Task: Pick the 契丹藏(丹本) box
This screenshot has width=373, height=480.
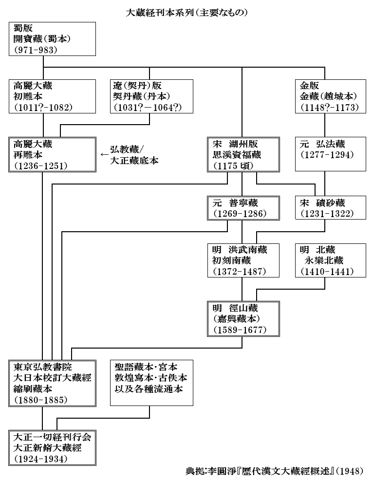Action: click(x=150, y=96)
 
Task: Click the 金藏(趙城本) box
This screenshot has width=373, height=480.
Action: click(x=330, y=96)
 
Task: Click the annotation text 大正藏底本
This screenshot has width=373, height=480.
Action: click(x=134, y=161)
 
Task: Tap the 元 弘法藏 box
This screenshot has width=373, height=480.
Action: click(x=330, y=154)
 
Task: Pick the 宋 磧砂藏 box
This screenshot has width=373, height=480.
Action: click(x=330, y=208)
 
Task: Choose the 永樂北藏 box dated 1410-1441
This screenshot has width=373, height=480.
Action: click(x=330, y=260)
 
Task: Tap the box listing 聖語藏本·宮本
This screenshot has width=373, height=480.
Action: click(x=151, y=383)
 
